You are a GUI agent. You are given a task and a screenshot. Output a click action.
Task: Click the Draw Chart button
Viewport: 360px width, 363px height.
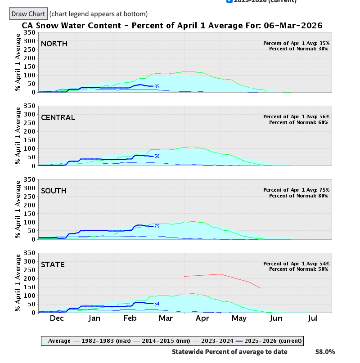click(28, 14)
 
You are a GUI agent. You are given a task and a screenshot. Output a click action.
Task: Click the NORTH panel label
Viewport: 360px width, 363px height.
click(54, 44)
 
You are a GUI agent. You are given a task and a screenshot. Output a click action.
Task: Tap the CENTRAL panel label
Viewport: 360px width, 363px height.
click(58, 117)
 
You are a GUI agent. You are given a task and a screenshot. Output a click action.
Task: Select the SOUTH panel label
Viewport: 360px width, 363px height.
click(54, 191)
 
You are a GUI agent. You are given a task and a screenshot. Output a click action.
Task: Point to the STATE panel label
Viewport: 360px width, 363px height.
click(53, 264)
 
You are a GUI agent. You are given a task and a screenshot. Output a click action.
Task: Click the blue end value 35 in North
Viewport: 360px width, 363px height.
click(157, 86)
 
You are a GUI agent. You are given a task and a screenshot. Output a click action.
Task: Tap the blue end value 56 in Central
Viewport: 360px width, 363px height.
click(157, 157)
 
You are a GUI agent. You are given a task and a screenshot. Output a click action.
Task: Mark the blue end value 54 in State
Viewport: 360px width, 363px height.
click(157, 304)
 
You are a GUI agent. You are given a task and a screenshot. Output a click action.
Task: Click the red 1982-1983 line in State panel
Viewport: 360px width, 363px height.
click(220, 274)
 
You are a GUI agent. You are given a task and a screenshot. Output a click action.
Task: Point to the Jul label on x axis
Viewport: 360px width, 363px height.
click(313, 318)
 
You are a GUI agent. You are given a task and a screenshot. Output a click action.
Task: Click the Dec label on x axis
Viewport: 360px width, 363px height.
click(57, 318)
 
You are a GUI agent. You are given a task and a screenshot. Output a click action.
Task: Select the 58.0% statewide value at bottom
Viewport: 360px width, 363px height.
click(325, 352)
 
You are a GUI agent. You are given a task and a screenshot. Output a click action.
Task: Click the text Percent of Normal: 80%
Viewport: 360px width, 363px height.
click(299, 196)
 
